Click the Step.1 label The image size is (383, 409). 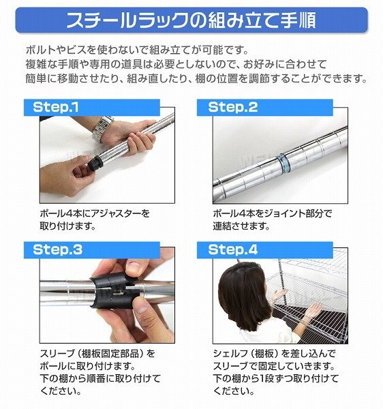[x=55, y=107]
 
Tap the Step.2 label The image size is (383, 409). [x=232, y=107]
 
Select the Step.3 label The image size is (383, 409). [x=57, y=249]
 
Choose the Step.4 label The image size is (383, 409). [x=232, y=249]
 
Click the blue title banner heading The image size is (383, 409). [x=191, y=20]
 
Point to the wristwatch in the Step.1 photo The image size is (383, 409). [x=103, y=128]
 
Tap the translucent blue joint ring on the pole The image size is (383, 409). [x=283, y=163]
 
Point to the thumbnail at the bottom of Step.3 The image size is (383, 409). [x=142, y=305]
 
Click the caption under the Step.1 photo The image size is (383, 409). [x=95, y=219]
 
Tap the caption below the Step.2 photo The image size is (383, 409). [x=272, y=219]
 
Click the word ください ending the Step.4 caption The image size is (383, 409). [x=230, y=391]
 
